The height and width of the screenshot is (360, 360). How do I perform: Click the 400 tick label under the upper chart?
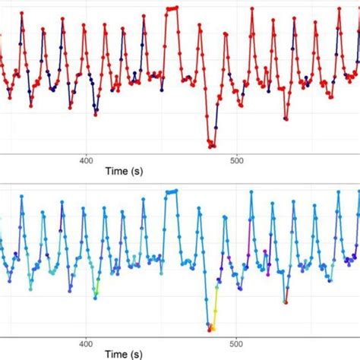pos(86,159)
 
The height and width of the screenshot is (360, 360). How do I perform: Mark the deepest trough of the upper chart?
pos(212,145)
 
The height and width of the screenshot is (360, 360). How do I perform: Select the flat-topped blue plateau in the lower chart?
pos(171,191)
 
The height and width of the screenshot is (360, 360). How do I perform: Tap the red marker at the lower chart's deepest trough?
pos(210,328)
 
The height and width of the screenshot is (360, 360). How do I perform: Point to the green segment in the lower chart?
pos(97,287)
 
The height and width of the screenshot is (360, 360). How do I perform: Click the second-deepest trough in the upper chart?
pos(286,118)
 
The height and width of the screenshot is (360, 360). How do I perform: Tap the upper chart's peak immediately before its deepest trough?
pos(200,30)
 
